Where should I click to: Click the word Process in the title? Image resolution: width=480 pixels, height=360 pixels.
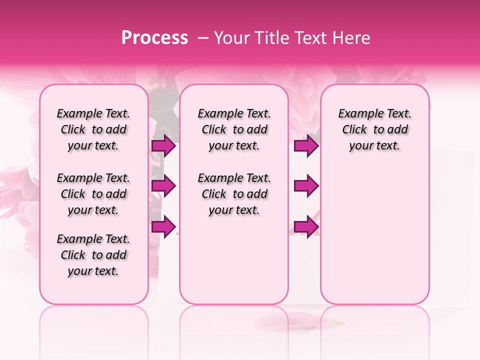[154, 38]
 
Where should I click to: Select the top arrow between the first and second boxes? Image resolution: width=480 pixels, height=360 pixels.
[163, 146]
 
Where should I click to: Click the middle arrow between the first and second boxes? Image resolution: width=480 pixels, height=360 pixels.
[163, 186]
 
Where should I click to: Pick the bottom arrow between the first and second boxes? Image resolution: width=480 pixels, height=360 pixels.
[163, 226]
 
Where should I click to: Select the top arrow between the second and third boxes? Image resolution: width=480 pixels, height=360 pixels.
[306, 146]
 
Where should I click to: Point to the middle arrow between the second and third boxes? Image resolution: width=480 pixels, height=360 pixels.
[306, 186]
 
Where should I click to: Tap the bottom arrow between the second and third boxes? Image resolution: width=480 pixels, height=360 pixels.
[306, 226]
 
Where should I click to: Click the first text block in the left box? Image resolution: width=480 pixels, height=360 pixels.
[93, 129]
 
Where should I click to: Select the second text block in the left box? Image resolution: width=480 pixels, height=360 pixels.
[93, 194]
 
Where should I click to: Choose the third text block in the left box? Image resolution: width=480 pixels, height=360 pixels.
[93, 255]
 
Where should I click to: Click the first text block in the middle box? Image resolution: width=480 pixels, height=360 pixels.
[234, 129]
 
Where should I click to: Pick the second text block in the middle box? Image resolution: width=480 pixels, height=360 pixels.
[234, 194]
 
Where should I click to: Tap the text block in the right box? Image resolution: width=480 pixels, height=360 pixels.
[374, 129]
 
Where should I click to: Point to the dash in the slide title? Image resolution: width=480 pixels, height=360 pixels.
[203, 38]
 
